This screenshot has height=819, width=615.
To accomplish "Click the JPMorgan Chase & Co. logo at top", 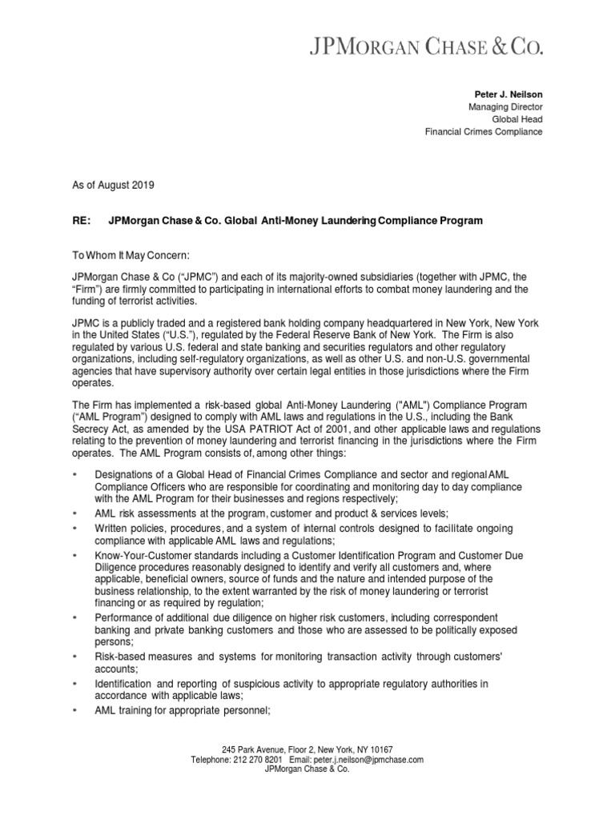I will pos(426,47).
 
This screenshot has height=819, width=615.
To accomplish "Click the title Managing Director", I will pos(505,106).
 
